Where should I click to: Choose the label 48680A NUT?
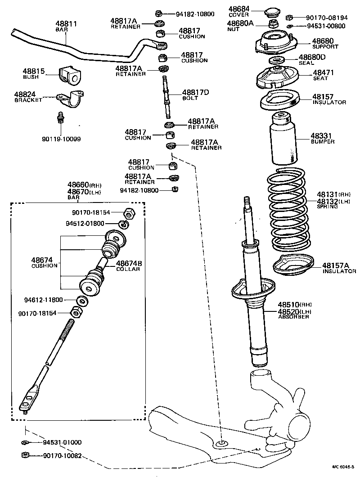coord(240,25)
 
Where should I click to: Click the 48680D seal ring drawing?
coord(276,60)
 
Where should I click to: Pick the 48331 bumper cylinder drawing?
coord(283,139)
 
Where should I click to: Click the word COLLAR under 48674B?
coord(128,269)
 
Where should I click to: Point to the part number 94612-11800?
coord(49,299)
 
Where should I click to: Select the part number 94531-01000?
coord(62,442)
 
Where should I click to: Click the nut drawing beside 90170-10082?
coord(25,455)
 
